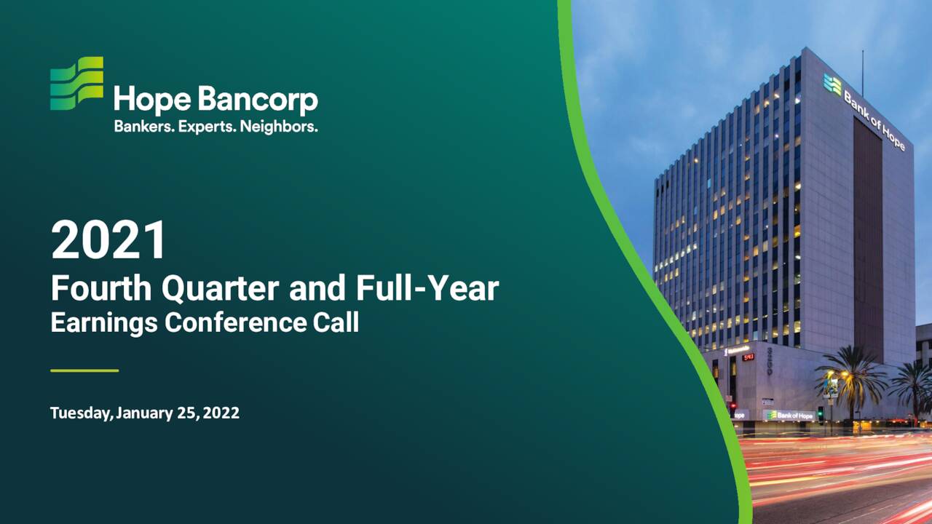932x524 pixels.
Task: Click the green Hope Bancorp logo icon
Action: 76,83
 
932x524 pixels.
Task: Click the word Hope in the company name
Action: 141,101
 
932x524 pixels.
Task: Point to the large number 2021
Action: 108,242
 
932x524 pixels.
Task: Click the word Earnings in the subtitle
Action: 103,322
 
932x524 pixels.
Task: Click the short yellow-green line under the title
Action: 84,370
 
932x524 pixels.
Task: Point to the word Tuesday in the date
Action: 81,413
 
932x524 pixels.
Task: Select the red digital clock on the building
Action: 748,357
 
